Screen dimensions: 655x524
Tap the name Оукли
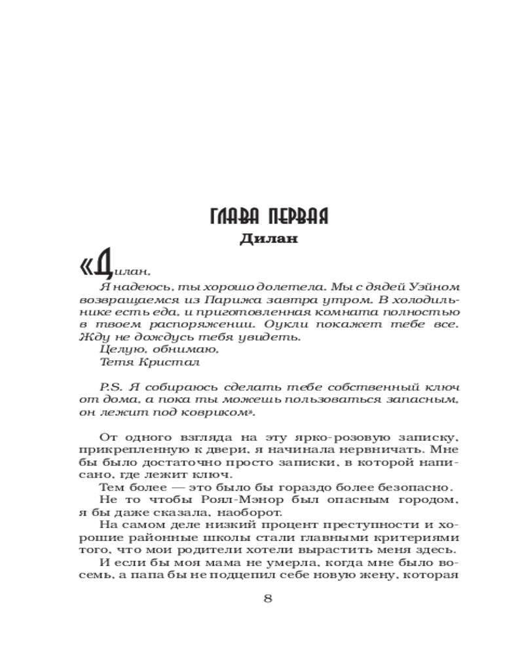coord(291,324)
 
